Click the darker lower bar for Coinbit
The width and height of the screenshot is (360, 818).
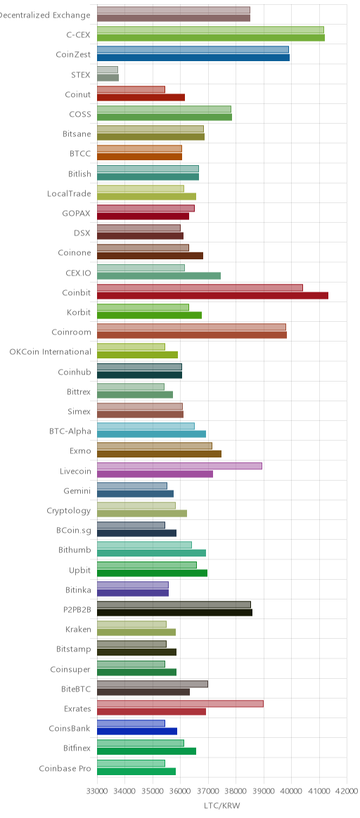[x=213, y=296]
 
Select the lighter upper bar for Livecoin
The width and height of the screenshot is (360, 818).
[x=179, y=466]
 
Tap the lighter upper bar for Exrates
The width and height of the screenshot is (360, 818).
[x=181, y=703]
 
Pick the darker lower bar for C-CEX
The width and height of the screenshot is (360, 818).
[x=211, y=37]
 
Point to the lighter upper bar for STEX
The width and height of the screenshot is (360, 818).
[x=108, y=70]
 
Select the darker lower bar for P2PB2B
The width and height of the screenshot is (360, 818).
[x=175, y=613]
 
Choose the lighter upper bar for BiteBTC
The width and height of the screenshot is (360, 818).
[x=153, y=684]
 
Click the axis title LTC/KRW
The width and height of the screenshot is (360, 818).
[x=222, y=806]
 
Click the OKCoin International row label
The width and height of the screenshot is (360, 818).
[x=50, y=351]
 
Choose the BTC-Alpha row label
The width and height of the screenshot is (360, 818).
[x=70, y=431]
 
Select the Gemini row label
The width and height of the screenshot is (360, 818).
[x=77, y=491]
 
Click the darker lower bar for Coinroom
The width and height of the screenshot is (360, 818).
[x=192, y=335]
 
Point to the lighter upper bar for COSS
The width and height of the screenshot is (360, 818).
[x=165, y=109]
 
